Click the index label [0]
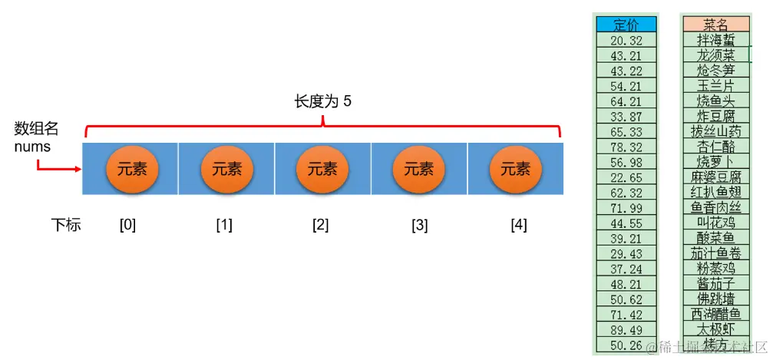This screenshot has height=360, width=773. (127, 225)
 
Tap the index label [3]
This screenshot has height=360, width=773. (419, 225)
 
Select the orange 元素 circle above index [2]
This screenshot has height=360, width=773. (322, 170)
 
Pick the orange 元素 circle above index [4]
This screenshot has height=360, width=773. (515, 170)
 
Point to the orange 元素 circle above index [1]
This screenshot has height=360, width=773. (226, 170)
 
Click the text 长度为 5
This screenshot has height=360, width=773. (323, 102)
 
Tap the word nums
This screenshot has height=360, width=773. (32, 146)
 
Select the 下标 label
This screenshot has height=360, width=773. (66, 225)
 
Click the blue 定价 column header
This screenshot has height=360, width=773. (626, 24)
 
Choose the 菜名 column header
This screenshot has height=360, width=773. (715, 24)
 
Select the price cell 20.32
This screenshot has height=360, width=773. (626, 40)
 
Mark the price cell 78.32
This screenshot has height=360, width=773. (626, 146)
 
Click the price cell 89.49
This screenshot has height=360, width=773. (626, 329)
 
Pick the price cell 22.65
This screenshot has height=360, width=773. (626, 177)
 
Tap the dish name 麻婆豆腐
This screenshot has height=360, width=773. (715, 177)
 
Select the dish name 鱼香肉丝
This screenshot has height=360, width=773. (715, 207)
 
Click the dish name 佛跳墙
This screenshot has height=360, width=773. (715, 299)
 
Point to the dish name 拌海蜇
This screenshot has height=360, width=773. (715, 40)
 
